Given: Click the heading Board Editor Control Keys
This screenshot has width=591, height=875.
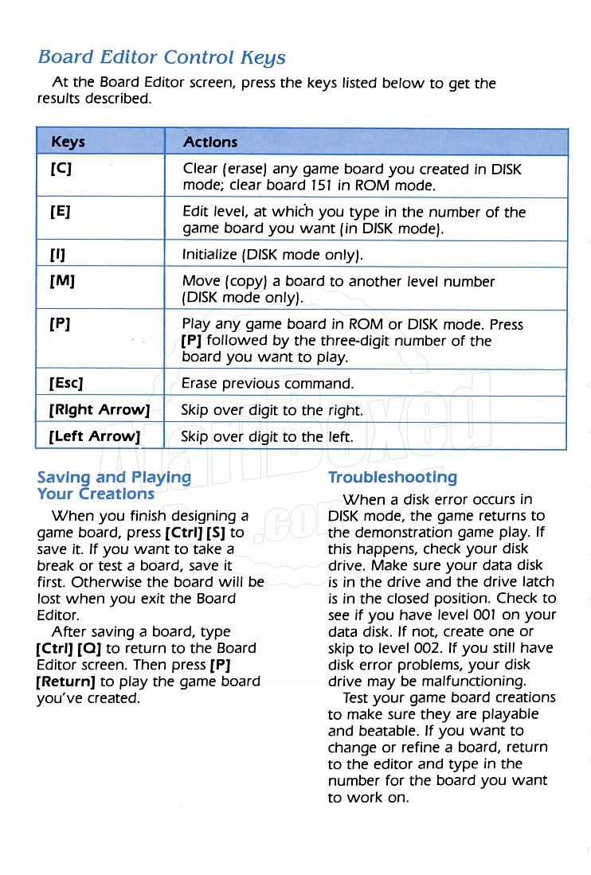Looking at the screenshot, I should (x=162, y=58).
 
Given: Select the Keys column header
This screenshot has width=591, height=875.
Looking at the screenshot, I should (x=68, y=143).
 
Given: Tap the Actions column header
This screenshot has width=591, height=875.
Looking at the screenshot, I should (x=210, y=143).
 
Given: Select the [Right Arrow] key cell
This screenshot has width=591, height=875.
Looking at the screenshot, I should (x=100, y=411).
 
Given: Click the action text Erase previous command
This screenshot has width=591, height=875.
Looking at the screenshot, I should (x=267, y=384).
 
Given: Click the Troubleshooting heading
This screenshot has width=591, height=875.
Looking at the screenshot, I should (x=393, y=478).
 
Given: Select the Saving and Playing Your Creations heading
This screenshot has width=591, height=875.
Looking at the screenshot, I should (x=114, y=485).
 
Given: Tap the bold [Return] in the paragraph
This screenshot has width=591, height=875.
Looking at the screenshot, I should (x=66, y=682).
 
